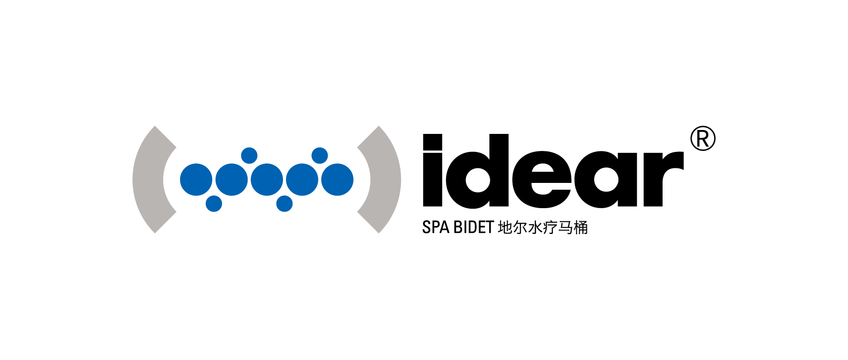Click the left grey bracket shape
(x=148, y=180)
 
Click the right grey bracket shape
(x=385, y=180)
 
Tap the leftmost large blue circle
(x=196, y=180)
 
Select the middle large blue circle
(x=267, y=180)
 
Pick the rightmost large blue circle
(x=337, y=180)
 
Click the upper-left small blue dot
(x=249, y=156)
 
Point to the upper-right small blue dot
(x=320, y=156)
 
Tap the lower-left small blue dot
(x=214, y=204)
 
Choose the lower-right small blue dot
(x=284, y=204)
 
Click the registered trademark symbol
(x=703, y=139)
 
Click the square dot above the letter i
(x=433, y=141)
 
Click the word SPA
(x=435, y=227)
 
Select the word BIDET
(x=474, y=227)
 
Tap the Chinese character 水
(x=535, y=227)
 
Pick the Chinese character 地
(x=505, y=227)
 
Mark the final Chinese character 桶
(x=581, y=227)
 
